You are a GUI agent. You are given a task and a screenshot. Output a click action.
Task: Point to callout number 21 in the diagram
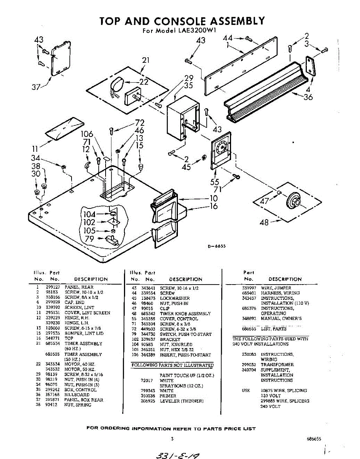(x=145, y=60)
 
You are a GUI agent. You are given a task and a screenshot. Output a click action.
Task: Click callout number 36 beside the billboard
(x=308, y=97)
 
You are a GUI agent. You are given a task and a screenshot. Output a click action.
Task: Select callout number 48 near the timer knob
(x=264, y=222)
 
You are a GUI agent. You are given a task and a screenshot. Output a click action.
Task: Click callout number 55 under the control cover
(x=215, y=183)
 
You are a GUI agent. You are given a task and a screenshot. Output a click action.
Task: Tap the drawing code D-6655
(x=217, y=246)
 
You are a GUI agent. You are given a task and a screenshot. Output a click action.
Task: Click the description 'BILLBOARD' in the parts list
(x=77, y=394)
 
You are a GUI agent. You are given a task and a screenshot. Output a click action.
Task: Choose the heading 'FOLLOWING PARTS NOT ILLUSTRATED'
(x=172, y=365)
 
